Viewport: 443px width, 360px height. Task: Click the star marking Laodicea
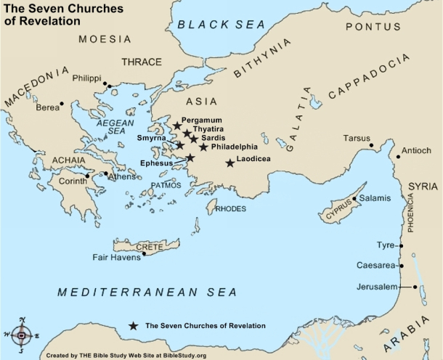(230, 163)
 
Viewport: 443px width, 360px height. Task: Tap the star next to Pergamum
(176, 126)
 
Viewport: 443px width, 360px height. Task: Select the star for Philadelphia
(203, 147)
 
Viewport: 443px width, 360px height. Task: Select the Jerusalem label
(378, 287)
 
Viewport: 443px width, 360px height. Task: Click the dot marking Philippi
(105, 84)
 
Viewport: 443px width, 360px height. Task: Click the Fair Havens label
(115, 257)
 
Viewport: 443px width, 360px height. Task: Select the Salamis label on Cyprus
(375, 198)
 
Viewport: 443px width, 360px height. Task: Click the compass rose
(23, 335)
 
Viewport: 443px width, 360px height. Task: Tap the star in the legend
(134, 326)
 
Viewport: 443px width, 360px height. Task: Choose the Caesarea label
(375, 266)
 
